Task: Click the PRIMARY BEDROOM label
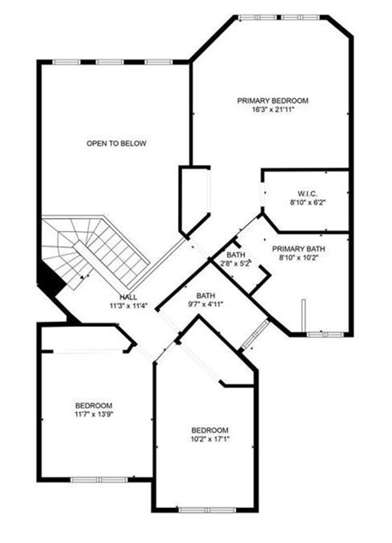(x=273, y=100)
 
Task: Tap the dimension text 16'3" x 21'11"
(x=273, y=110)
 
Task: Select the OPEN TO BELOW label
(x=116, y=144)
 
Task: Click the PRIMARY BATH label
(x=299, y=249)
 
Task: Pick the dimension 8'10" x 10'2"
(x=299, y=258)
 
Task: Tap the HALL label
(x=128, y=297)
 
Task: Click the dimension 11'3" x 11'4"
(x=128, y=305)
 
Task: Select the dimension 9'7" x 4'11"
(x=206, y=305)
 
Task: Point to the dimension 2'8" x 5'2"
(x=236, y=263)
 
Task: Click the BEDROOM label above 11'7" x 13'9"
(x=93, y=406)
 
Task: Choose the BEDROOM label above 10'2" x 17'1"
(x=210, y=430)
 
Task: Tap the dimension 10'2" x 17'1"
(x=210, y=439)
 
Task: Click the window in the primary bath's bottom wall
(x=325, y=335)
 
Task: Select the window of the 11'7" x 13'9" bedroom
(x=99, y=479)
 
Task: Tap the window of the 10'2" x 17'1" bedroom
(x=207, y=510)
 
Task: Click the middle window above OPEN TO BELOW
(x=109, y=62)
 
